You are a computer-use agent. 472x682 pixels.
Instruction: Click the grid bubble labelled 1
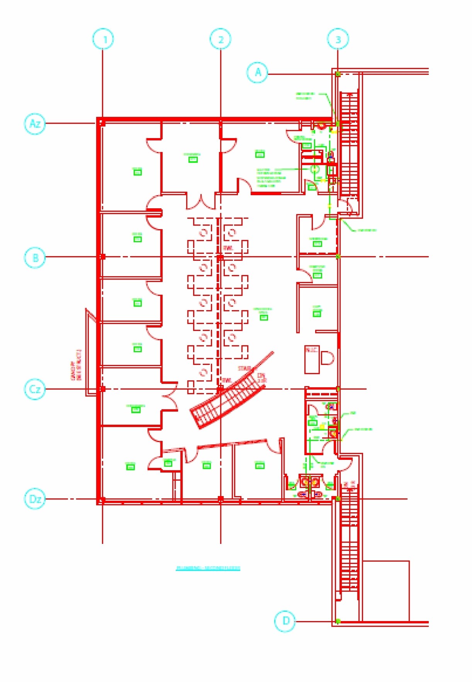[103, 39]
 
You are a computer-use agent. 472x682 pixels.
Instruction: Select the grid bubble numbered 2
[221, 39]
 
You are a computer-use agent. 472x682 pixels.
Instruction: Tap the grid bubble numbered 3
[338, 39]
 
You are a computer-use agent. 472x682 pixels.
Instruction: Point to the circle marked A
[258, 72]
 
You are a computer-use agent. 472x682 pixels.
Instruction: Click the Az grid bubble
[35, 123]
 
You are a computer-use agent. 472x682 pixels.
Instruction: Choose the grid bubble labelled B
[35, 257]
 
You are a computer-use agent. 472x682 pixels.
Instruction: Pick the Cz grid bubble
[35, 389]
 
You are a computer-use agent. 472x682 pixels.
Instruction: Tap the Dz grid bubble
[35, 499]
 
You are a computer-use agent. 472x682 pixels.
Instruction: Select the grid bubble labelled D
[285, 621]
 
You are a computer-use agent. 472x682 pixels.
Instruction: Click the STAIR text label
[244, 368]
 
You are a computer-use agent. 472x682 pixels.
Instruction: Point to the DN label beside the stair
[261, 375]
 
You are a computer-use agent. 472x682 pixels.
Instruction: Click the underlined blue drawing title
[208, 568]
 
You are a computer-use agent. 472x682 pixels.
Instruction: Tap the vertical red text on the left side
[76, 365]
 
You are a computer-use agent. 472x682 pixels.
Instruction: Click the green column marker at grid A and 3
[338, 74]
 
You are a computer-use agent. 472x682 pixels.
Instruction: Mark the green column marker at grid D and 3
[338, 621]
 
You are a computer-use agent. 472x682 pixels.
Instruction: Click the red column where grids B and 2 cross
[221, 257]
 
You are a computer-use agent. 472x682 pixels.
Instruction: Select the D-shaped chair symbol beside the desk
[327, 358]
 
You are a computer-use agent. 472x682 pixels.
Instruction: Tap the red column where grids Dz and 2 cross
[221, 499]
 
